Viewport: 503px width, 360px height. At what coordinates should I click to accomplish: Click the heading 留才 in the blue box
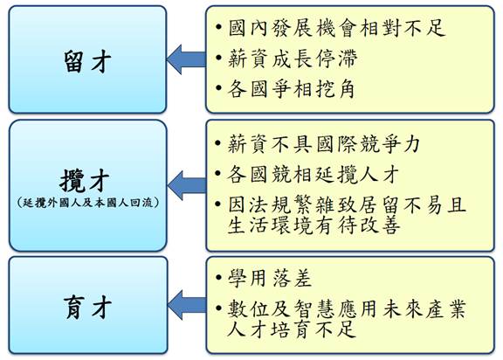[87, 61]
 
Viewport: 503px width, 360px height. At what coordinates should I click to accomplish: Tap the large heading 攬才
[85, 181]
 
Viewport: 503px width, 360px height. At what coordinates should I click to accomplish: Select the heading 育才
[87, 307]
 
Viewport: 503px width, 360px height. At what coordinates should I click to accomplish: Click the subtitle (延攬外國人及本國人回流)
[88, 203]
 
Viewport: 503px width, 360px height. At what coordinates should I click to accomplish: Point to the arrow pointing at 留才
[186, 59]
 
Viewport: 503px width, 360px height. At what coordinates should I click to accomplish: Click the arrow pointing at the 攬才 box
[187, 185]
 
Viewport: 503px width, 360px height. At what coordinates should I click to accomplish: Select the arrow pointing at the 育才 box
[187, 305]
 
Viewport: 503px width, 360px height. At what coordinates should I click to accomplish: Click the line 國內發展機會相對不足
[336, 28]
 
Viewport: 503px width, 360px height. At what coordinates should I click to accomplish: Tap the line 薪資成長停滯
[293, 59]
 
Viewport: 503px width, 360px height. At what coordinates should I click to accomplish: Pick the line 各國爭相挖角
[292, 88]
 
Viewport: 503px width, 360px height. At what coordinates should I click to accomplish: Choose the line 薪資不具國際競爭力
[324, 144]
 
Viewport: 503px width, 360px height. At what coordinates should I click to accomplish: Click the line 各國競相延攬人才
[314, 174]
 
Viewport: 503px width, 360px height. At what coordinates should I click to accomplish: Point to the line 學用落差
[270, 278]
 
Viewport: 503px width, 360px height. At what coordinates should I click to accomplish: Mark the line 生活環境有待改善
[314, 225]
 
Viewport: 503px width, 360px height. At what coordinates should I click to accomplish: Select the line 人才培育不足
[292, 329]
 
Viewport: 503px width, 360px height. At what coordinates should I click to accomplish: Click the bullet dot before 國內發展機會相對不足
[219, 27]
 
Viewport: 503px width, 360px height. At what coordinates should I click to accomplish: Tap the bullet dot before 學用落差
[219, 277]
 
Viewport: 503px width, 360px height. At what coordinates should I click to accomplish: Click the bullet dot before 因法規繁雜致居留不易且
[219, 204]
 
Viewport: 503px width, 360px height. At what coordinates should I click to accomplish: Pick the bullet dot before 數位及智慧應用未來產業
[219, 308]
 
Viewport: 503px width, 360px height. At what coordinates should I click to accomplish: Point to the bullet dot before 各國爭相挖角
[219, 88]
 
